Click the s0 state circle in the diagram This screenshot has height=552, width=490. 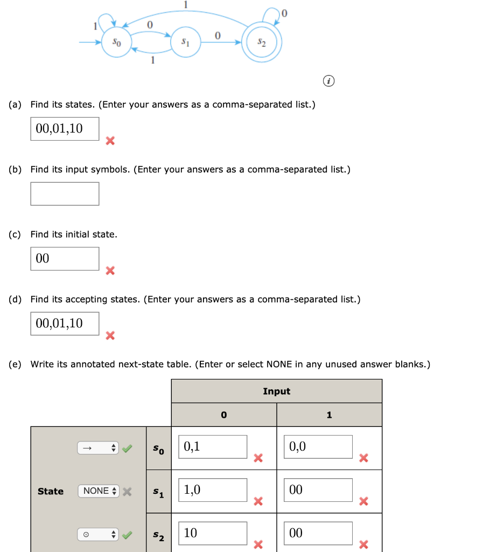tap(116, 42)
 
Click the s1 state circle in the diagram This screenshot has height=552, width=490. tap(185, 42)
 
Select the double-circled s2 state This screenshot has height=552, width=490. tap(261, 42)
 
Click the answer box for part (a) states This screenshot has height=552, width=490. tap(65, 129)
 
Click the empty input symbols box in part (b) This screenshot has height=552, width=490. tap(65, 194)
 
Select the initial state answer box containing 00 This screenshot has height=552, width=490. tap(65, 259)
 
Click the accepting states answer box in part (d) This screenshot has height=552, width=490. tap(65, 323)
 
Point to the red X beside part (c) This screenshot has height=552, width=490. tap(110, 271)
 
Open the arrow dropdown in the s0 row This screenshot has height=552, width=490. tap(97, 448)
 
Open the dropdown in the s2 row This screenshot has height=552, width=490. tap(97, 535)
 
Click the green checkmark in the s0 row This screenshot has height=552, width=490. tap(127, 448)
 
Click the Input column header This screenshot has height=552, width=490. tap(276, 391)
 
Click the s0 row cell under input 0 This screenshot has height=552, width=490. tap(213, 447)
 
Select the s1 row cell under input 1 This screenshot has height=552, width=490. tap(318, 490)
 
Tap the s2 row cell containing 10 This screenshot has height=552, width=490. tap(213, 533)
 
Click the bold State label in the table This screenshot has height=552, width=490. tap(51, 491)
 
